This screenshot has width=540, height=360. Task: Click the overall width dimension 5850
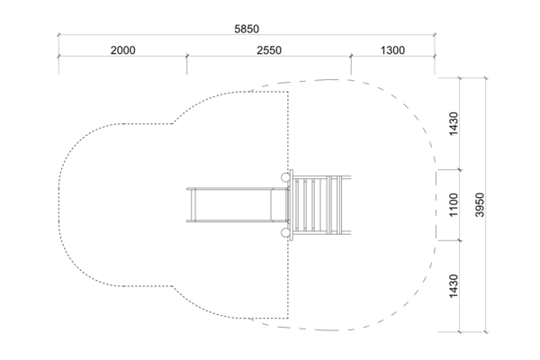coord(247,29)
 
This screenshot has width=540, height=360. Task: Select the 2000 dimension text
coord(123,50)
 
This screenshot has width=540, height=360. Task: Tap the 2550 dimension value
coord(269,50)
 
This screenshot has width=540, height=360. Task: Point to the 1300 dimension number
coord(392,50)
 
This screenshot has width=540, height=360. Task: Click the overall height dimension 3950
coord(480,204)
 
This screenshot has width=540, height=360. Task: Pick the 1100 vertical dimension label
coord(454,205)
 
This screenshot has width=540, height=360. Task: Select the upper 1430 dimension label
coord(454,123)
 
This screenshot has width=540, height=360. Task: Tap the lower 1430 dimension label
coord(454,286)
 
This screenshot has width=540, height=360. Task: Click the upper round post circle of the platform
coord(285,177)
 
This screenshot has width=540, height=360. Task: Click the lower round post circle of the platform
coord(285,233)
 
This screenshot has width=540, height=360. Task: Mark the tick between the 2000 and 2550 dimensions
coord(186,56)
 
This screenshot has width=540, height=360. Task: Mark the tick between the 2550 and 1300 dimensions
coord(351,56)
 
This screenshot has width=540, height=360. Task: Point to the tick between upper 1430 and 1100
coord(460,169)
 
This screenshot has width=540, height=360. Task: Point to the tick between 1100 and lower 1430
coord(460,240)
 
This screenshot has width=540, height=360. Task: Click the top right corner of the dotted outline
coord(288,92)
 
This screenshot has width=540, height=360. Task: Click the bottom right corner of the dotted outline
coord(288,318)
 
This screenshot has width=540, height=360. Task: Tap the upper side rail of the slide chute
coord(237,189)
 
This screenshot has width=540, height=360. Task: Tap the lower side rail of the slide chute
coord(237,220)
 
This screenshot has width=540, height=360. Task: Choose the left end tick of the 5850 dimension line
coord(58,35)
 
